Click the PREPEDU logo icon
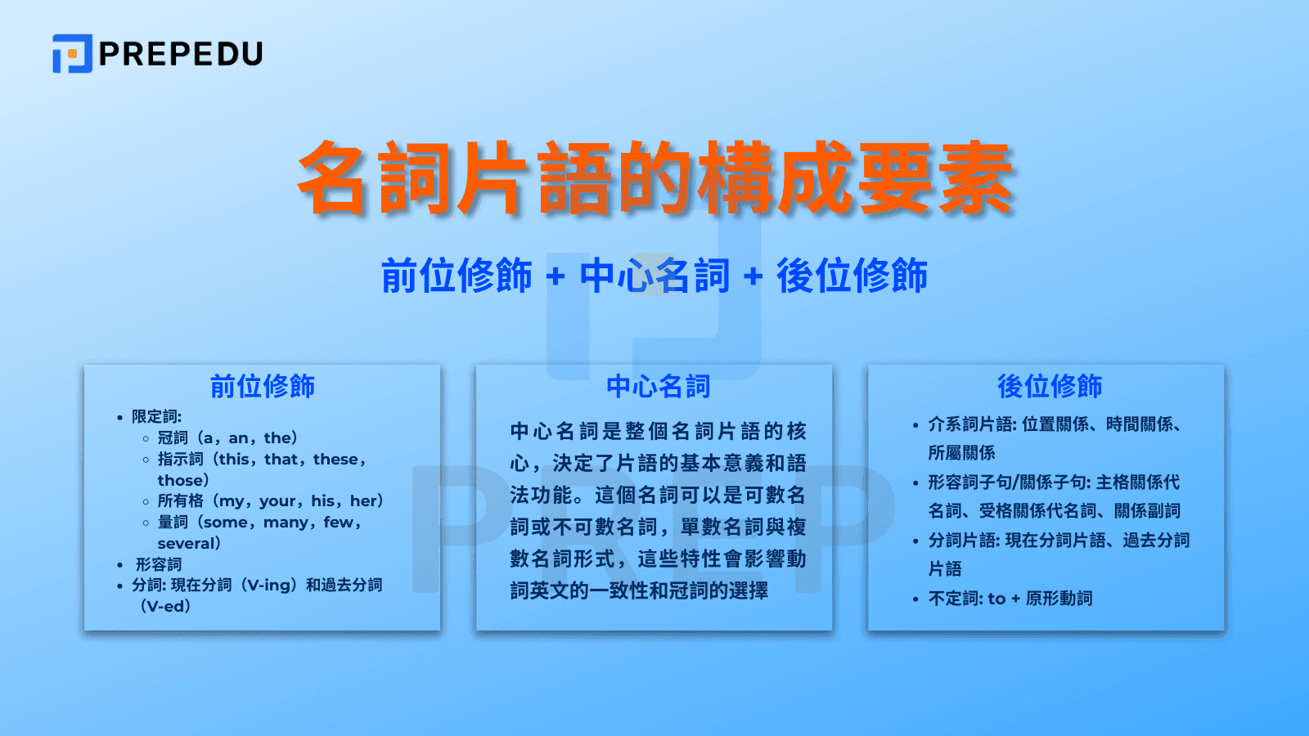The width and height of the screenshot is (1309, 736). (x=72, y=54)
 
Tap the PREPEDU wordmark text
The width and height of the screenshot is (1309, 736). (x=181, y=54)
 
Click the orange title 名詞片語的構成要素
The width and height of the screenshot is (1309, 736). (x=655, y=178)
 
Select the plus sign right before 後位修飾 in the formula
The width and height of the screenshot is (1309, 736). (x=753, y=276)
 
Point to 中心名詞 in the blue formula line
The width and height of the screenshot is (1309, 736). (x=654, y=276)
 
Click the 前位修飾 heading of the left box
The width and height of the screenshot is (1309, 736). (x=262, y=386)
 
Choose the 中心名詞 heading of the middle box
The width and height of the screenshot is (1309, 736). (x=658, y=386)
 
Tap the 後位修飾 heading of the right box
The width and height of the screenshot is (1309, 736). (x=1050, y=386)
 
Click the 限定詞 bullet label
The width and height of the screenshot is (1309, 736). (x=156, y=417)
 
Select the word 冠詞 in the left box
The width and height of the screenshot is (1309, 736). (x=173, y=438)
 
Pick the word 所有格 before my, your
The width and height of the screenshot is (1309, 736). (x=180, y=501)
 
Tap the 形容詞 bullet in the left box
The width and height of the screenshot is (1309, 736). (x=159, y=565)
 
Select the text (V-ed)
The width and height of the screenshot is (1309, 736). (x=165, y=607)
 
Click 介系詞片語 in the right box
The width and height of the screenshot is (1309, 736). (x=970, y=424)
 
